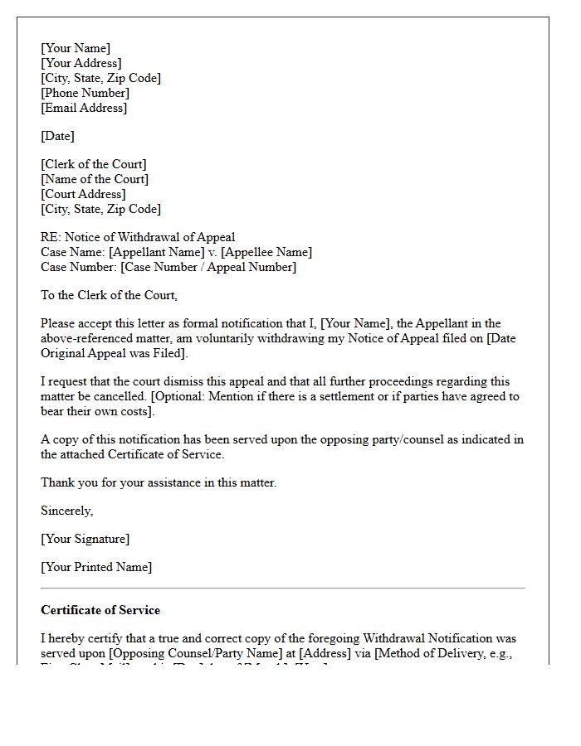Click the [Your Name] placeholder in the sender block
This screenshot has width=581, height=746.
(76, 48)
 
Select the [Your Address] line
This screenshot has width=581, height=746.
(81, 63)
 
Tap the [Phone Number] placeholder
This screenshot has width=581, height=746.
(85, 93)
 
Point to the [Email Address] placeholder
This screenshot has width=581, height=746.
(84, 108)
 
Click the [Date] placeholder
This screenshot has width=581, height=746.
(58, 136)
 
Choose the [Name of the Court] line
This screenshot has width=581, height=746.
(95, 179)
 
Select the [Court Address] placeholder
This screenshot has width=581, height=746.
(83, 194)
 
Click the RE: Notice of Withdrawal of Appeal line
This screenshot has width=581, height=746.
(138, 237)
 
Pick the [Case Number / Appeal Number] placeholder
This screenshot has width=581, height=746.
(208, 267)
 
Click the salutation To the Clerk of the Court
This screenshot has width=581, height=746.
(109, 295)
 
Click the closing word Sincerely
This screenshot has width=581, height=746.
(66, 511)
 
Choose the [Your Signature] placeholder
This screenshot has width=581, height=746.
(85, 539)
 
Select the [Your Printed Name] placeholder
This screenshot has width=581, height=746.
(96, 567)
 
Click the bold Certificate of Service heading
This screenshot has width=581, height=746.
(100, 610)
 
